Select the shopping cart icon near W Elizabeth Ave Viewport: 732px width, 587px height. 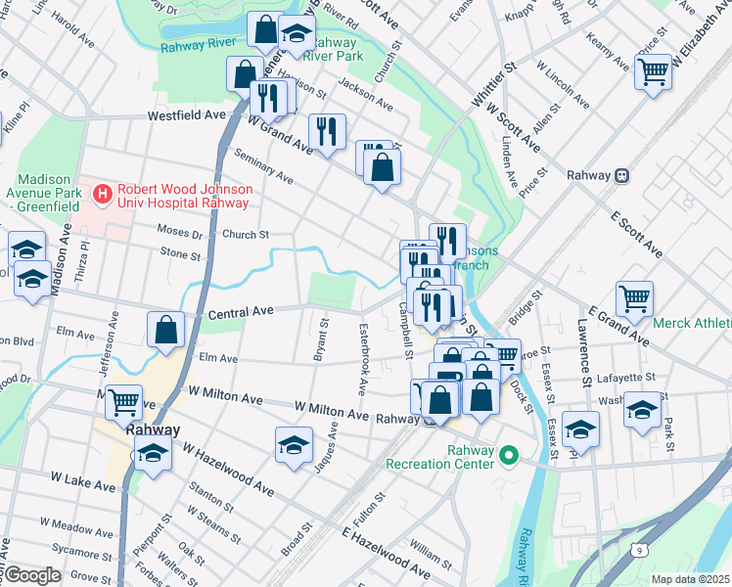tap(653, 70)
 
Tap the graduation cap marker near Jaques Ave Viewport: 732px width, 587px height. tap(294, 444)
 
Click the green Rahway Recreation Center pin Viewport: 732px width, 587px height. tap(508, 455)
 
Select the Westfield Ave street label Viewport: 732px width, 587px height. tap(187, 115)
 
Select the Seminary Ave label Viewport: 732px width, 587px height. tap(263, 166)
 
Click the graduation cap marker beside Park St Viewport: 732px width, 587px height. tap(642, 409)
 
